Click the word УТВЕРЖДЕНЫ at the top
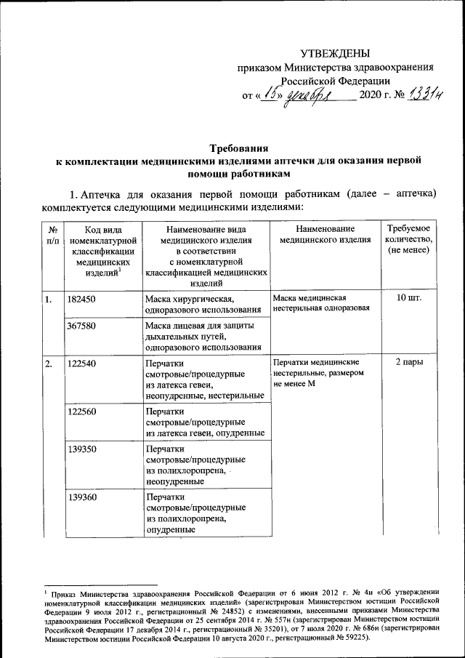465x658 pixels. coord(335,53)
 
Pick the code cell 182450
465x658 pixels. coord(81,300)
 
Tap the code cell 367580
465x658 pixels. coord(81,326)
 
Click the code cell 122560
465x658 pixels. coord(81,412)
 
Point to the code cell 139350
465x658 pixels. coord(81,450)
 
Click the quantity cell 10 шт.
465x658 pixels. coord(411,299)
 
